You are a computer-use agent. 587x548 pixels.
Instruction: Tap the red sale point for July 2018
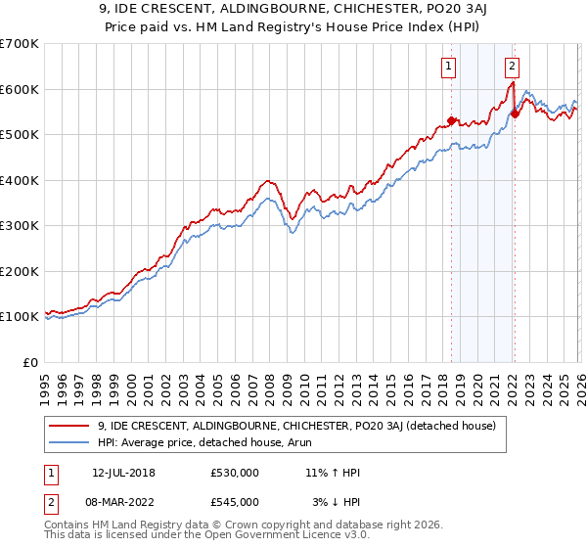451,120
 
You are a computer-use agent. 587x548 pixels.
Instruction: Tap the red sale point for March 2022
515,114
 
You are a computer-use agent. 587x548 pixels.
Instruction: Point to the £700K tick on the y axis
20,44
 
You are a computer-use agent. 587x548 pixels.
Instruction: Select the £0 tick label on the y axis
30,362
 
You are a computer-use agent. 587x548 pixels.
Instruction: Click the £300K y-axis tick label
20,226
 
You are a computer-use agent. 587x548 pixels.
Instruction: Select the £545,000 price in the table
235,502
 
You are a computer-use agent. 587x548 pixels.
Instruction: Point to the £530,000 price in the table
235,473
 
